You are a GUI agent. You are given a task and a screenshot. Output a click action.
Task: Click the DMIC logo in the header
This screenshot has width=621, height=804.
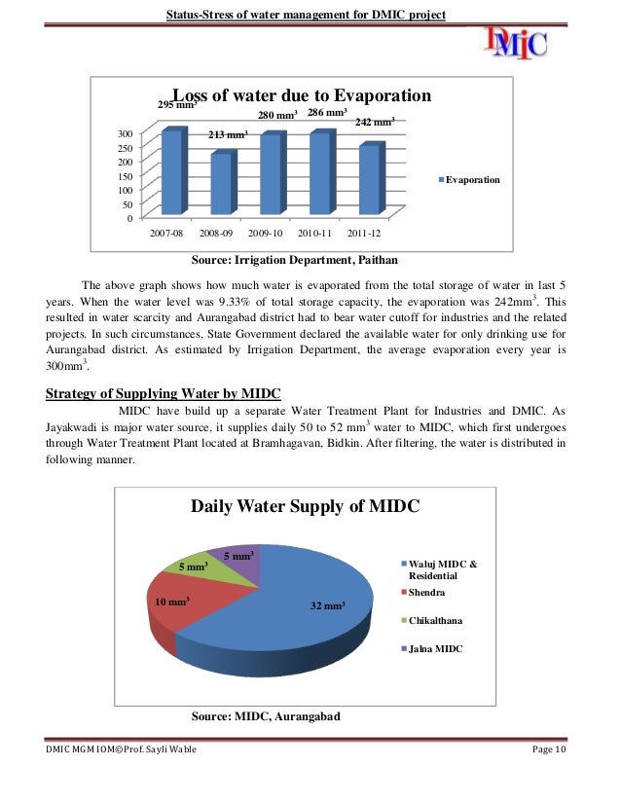(516, 41)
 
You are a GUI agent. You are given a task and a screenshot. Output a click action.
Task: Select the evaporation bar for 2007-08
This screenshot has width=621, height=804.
(171, 172)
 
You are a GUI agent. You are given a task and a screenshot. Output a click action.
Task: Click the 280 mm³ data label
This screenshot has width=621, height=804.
(276, 117)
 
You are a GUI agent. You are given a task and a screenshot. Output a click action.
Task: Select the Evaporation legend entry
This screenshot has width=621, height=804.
(469, 180)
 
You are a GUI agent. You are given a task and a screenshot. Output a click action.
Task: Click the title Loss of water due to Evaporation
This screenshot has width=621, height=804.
(301, 96)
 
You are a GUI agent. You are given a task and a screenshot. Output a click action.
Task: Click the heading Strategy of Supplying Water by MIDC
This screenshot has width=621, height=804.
(164, 393)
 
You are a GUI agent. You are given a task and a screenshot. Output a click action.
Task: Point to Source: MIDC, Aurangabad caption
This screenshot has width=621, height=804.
(265, 716)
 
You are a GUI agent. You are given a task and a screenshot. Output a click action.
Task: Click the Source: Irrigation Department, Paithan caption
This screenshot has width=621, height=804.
(294, 260)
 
